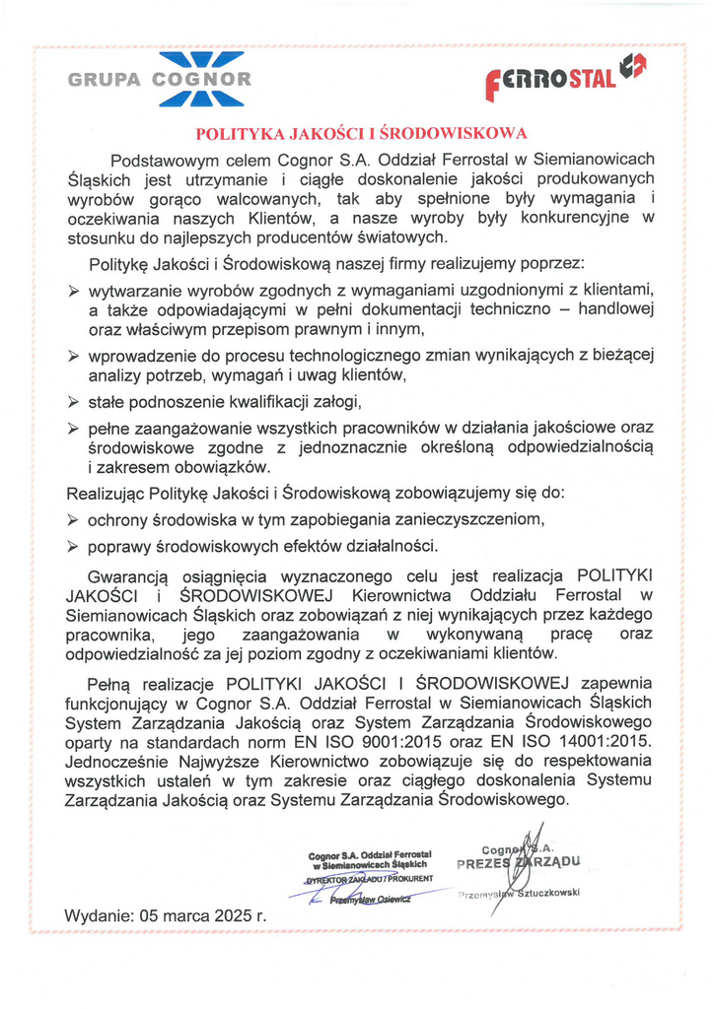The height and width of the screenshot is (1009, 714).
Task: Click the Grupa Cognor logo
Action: [x=159, y=80]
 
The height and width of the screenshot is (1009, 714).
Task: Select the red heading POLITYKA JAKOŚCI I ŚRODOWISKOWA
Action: [x=361, y=133]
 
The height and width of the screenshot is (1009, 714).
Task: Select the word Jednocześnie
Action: [x=119, y=761]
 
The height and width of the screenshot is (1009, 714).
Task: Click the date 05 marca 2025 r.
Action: [x=204, y=915]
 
